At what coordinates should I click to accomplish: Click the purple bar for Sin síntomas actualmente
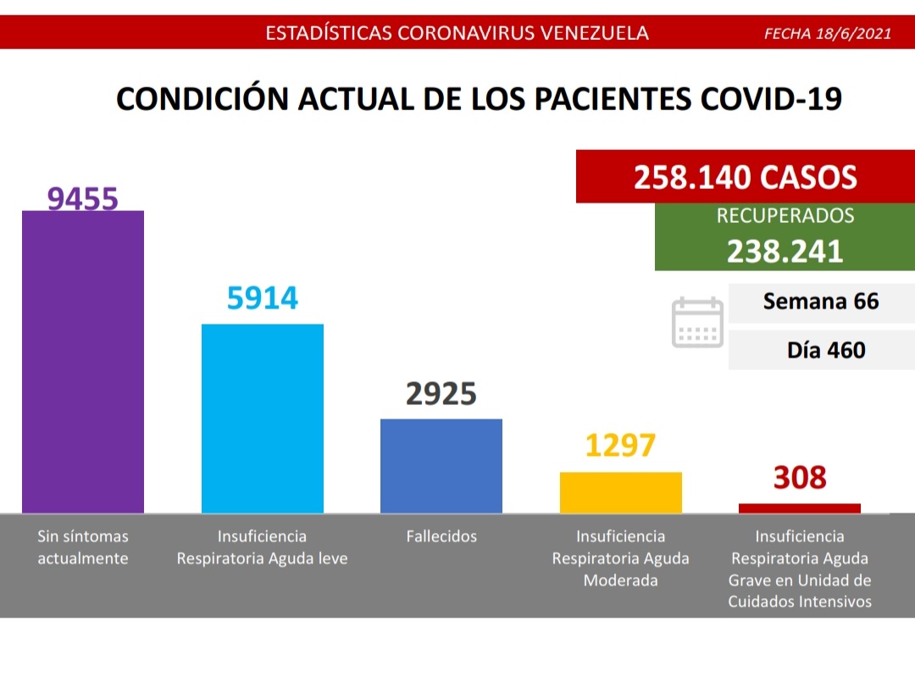click(x=83, y=362)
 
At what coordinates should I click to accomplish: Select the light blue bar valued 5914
click(x=262, y=419)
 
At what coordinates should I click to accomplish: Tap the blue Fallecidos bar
click(x=441, y=466)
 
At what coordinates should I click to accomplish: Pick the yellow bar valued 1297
click(x=621, y=492)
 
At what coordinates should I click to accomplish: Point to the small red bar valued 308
click(x=800, y=508)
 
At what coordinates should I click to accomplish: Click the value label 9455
click(x=83, y=198)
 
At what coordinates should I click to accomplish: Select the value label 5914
click(x=263, y=298)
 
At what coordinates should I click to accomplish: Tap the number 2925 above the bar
click(x=441, y=394)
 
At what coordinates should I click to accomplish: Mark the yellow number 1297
click(x=621, y=446)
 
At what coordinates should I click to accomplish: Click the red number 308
click(x=800, y=478)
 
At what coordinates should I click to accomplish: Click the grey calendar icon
click(x=697, y=322)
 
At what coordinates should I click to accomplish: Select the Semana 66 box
click(x=821, y=302)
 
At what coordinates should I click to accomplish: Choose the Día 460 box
click(x=821, y=349)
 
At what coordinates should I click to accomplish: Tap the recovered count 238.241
click(x=785, y=251)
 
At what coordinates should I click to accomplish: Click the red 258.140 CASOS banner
click(x=746, y=177)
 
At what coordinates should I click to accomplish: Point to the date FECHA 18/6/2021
click(x=827, y=34)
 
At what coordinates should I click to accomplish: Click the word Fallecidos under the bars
click(x=441, y=536)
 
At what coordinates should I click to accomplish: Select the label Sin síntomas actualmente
click(x=83, y=547)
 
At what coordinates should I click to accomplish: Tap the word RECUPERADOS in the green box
click(x=785, y=216)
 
